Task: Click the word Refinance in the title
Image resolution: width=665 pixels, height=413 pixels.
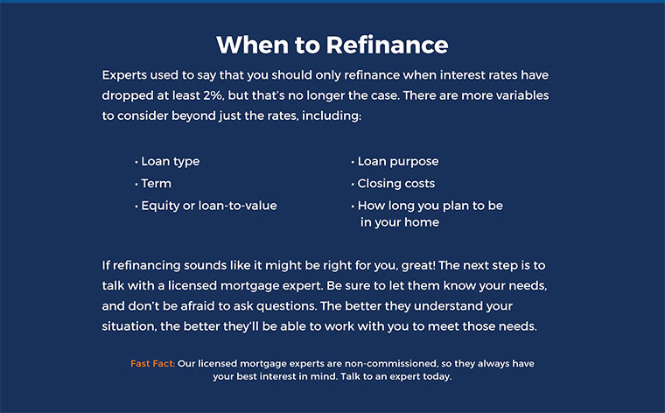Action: coord(387,45)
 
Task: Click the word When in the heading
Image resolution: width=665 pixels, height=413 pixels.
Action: coord(252,45)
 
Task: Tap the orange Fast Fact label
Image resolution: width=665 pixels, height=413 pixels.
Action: coord(152,363)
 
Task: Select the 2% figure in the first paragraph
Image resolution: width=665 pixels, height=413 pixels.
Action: coord(213,95)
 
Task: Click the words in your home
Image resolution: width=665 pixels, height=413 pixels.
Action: coord(400,222)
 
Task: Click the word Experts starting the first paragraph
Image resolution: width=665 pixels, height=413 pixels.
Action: coord(124,75)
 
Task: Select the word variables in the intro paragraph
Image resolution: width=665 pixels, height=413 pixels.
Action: coord(522,95)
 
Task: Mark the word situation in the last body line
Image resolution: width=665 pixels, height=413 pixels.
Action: coord(129,326)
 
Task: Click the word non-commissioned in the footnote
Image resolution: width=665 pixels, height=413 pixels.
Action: coord(390,363)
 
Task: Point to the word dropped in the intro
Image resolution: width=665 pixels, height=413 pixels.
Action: coord(128,96)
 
